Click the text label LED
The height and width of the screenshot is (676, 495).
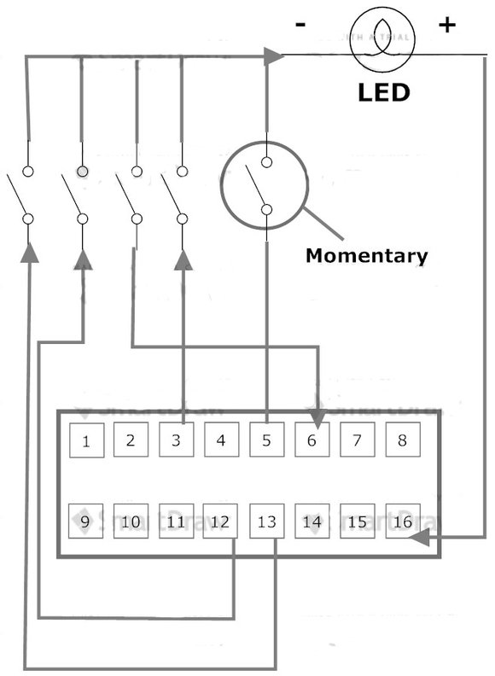(383, 91)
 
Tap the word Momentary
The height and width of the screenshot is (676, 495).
(366, 255)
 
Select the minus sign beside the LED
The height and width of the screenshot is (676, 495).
(300, 25)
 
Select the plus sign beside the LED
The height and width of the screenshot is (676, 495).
(446, 25)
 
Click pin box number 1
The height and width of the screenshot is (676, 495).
(86, 440)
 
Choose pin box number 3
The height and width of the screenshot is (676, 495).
(176, 440)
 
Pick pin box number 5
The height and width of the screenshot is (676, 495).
(266, 440)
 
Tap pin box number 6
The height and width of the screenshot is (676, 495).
(312, 440)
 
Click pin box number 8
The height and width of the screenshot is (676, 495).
(402, 440)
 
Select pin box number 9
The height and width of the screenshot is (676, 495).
(85, 521)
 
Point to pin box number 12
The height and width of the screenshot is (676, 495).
(220, 521)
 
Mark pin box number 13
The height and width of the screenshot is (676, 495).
(266, 521)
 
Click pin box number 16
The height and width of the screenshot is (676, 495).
(402, 521)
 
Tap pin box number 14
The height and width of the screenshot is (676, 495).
(312, 521)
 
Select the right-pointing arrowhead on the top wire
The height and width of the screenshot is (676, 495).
(273, 56)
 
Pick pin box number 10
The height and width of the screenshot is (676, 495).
(131, 521)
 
